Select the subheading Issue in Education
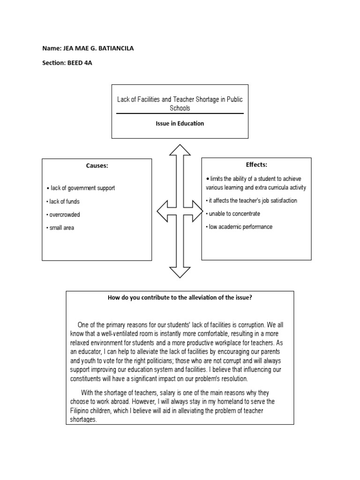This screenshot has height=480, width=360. [180, 124]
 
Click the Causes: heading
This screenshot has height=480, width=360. [97, 165]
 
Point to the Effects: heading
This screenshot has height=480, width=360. [256, 165]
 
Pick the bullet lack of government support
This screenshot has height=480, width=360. [82, 188]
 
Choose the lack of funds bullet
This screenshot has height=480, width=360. [64, 202]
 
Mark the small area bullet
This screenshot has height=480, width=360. [61, 228]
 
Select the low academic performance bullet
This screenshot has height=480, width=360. [240, 227]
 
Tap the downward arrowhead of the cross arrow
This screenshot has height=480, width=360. [180, 272]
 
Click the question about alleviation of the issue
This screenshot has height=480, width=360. [180, 297]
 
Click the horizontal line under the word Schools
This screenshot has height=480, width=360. [180, 113]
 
